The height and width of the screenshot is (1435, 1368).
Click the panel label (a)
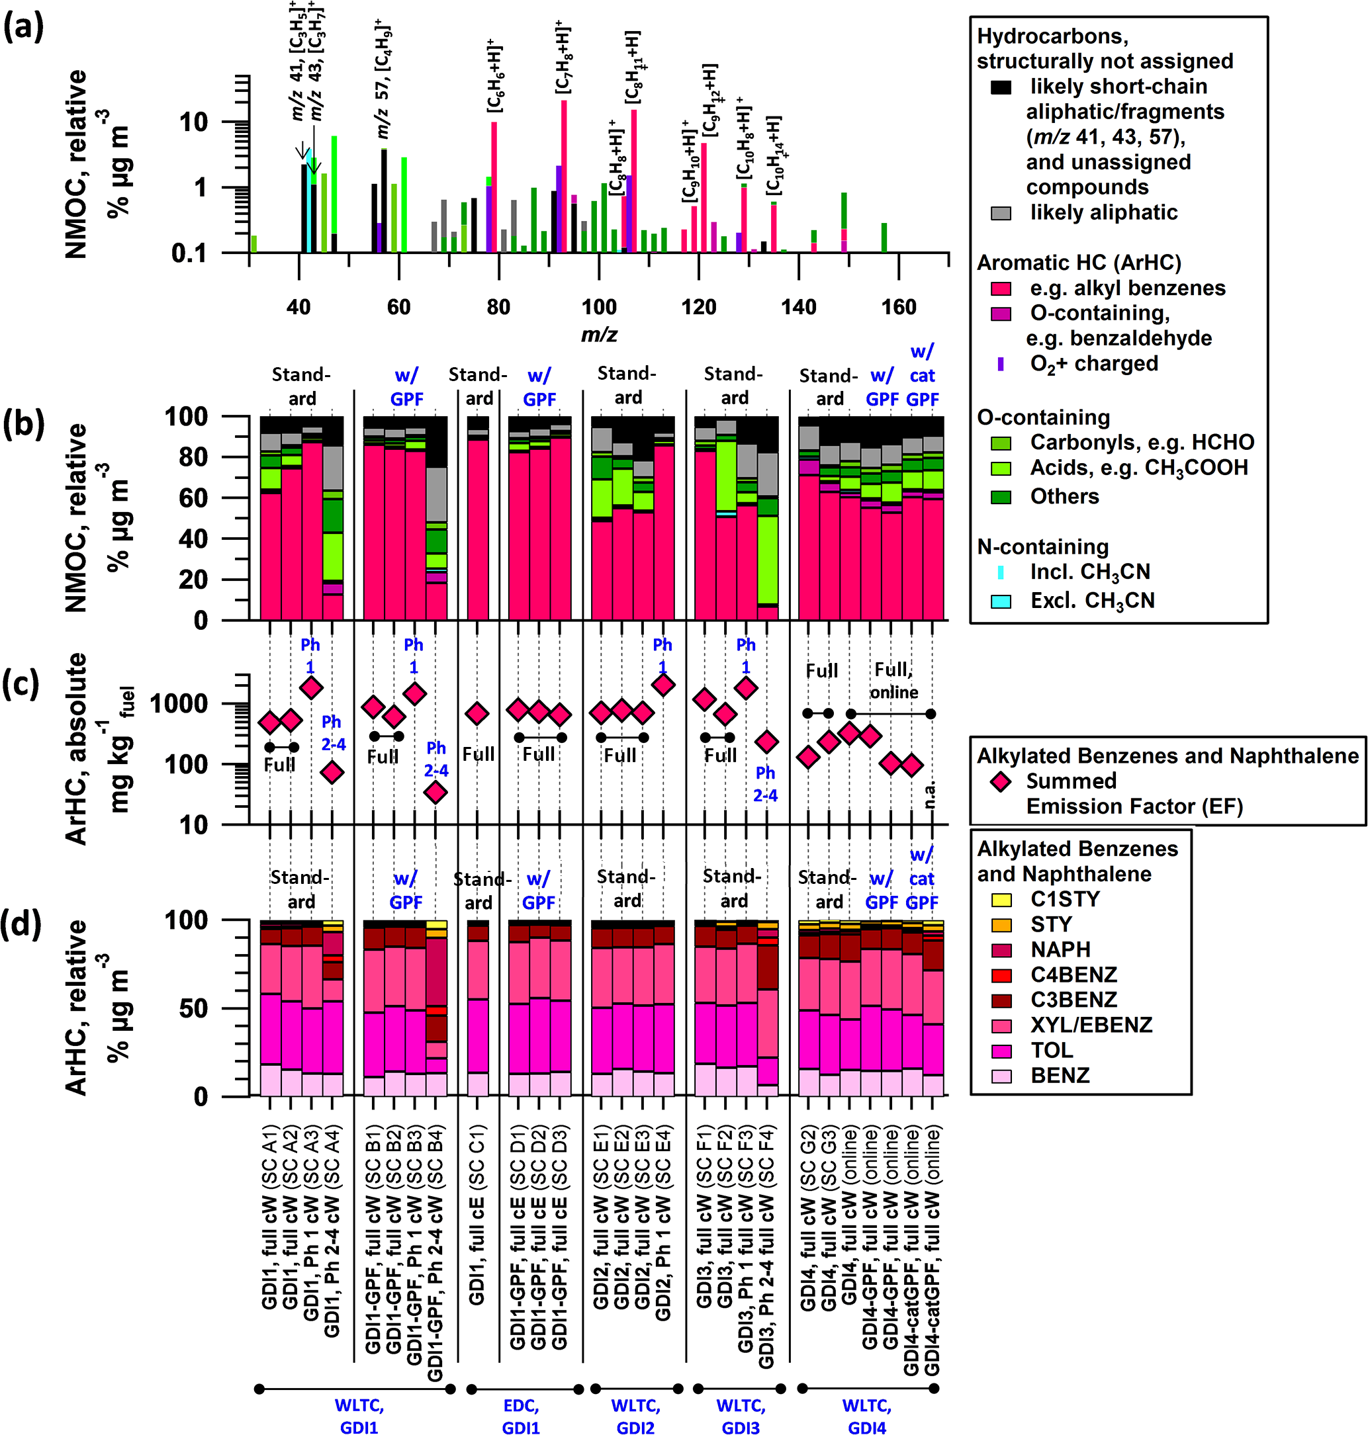tap(23, 29)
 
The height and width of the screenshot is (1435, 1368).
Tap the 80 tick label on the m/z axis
tap(499, 306)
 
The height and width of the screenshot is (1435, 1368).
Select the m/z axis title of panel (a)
tap(599, 335)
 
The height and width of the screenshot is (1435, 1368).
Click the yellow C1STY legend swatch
tap(1002, 899)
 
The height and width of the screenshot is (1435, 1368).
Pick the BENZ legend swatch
tap(1002, 1076)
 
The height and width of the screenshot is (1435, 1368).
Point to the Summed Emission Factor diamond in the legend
tap(1002, 782)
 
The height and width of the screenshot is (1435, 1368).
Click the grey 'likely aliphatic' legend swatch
tap(1001, 213)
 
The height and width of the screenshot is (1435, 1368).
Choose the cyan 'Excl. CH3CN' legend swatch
tap(1001, 601)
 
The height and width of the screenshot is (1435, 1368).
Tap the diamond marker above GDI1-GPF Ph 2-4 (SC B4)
tap(435, 791)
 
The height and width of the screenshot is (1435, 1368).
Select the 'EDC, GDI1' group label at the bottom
tap(521, 1416)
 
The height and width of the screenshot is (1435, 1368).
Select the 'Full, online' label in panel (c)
tap(894, 680)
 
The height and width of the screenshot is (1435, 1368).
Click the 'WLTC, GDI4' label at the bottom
tap(866, 1416)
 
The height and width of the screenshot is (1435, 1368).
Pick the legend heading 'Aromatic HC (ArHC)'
tap(1068, 263)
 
